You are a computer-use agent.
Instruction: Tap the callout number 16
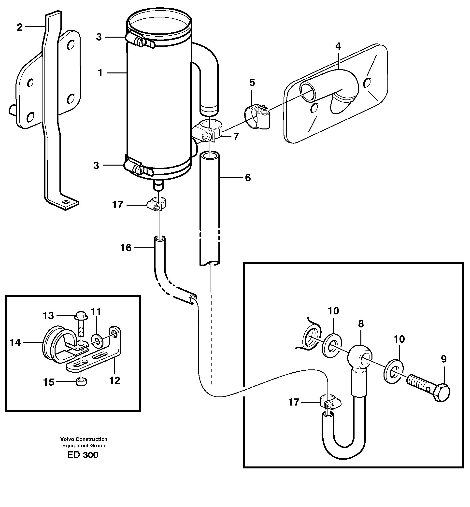[126, 248]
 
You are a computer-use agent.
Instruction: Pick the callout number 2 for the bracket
[20, 27]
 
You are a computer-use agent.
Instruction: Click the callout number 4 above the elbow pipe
[338, 46]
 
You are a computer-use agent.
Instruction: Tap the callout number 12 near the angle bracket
[115, 381]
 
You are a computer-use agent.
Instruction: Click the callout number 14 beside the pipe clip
[15, 343]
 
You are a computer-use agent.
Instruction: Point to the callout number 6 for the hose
[248, 178]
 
